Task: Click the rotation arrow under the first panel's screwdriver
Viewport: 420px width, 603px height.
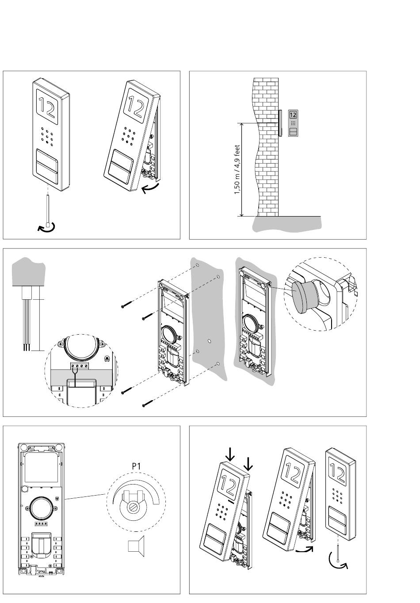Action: [x=46, y=227]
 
